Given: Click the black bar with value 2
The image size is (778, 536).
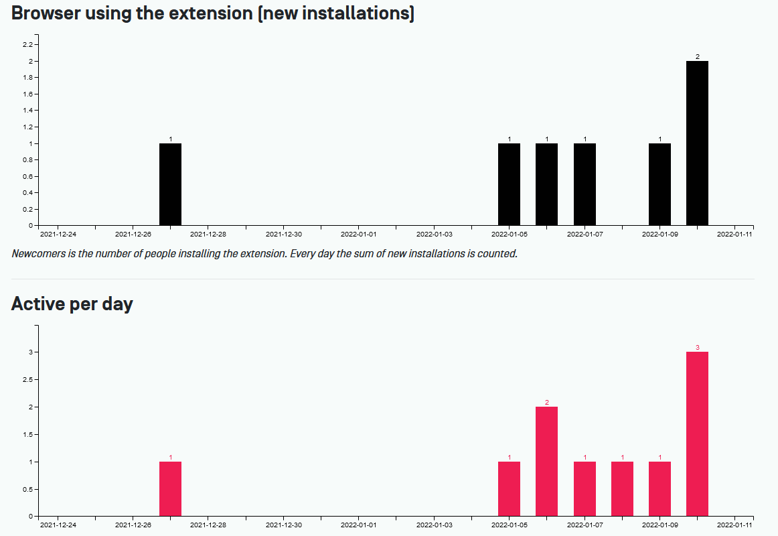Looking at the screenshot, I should tap(697, 143).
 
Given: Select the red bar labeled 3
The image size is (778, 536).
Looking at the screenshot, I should tap(697, 434).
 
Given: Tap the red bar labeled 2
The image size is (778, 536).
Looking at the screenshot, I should tap(546, 462).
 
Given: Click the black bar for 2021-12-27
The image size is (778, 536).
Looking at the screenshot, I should tap(170, 184).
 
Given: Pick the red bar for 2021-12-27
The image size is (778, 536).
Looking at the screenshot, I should tap(170, 489).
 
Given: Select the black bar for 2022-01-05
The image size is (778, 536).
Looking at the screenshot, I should tap(509, 184).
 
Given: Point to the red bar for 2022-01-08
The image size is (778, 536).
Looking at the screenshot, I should tap(622, 489).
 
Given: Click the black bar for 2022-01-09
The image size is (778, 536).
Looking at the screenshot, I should tap(659, 184).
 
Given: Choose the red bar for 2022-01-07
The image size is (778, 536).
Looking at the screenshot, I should tap(585, 489).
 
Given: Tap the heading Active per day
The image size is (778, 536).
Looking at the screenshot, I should tap(72, 304).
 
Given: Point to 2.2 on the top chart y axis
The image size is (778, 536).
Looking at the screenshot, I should tap(27, 45).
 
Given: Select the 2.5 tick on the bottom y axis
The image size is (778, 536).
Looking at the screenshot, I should tap(27, 380).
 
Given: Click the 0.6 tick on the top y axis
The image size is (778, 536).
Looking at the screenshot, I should tap(27, 176).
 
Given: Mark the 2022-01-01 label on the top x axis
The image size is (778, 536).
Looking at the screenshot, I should tap(358, 234).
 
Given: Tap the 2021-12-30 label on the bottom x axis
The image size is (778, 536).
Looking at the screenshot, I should tap(283, 525).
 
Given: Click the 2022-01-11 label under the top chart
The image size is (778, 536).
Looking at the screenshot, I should tap(734, 234).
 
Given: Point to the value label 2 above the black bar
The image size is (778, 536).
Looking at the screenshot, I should tap(697, 57).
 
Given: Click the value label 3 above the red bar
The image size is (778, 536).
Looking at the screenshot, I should tap(697, 348).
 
